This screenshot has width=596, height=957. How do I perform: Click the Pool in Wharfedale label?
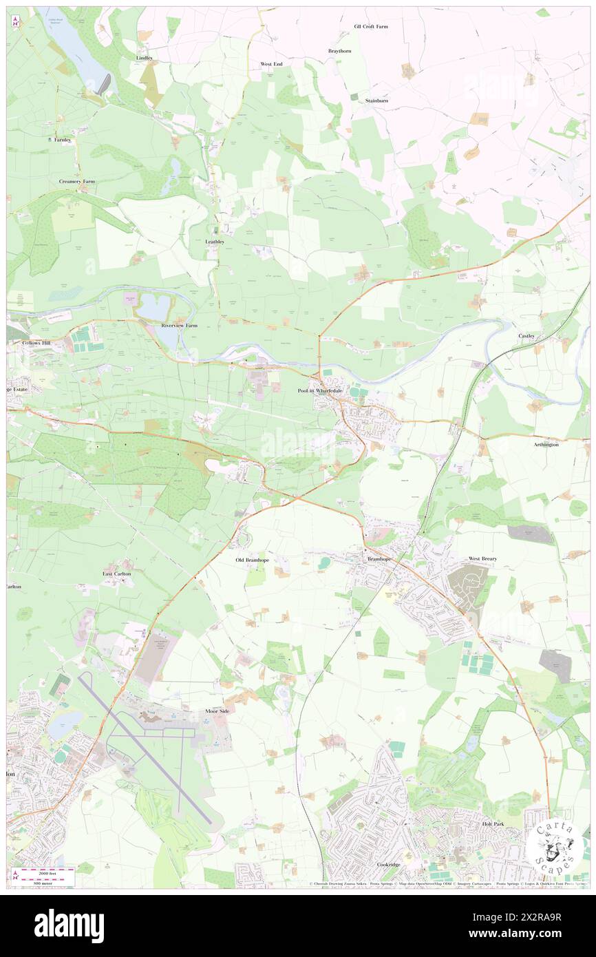(x=320, y=391)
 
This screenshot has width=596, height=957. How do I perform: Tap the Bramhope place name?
(x=379, y=559)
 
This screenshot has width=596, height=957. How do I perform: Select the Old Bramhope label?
(x=253, y=560)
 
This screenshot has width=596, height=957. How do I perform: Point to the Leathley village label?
(x=215, y=242)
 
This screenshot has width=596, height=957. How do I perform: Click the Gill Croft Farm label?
(x=371, y=26)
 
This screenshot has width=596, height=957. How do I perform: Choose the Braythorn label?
(x=339, y=51)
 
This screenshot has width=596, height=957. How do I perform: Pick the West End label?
(x=271, y=64)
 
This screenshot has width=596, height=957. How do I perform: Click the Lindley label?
(x=145, y=58)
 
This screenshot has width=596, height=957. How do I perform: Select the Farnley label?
(x=63, y=140)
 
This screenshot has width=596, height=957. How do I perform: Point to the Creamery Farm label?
(x=76, y=181)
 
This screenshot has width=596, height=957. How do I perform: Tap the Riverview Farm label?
(x=179, y=325)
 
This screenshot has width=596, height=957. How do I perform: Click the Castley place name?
(x=526, y=335)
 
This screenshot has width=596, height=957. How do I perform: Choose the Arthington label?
(x=546, y=445)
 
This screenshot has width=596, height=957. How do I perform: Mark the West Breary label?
(x=482, y=558)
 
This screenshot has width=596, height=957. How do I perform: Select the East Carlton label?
(x=117, y=574)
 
